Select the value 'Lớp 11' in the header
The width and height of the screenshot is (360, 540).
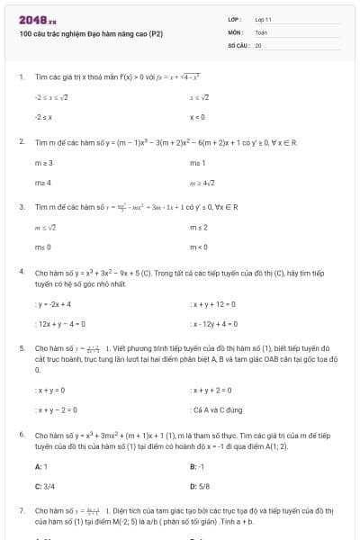click(264, 19)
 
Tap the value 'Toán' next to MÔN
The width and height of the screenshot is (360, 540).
click(261, 31)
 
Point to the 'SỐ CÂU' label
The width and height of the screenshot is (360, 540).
click(238, 44)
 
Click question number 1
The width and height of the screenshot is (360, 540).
click(21, 77)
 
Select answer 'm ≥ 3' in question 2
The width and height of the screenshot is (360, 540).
click(44, 163)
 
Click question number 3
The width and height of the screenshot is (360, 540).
click(21, 207)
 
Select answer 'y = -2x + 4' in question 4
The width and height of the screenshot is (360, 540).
click(53, 304)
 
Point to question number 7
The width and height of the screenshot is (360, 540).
click(21, 510)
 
